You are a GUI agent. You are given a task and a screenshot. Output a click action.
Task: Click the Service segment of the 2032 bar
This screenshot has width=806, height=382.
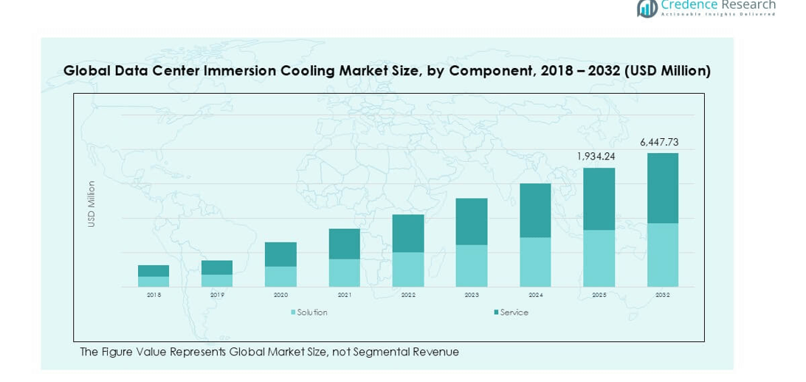point(663,188)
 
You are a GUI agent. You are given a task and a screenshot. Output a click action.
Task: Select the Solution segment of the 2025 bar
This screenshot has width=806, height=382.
point(599,258)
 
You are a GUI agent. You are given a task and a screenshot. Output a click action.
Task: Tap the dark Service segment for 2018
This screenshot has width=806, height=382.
point(154,270)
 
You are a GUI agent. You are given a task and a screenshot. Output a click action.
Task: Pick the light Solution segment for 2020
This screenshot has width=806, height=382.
point(280,276)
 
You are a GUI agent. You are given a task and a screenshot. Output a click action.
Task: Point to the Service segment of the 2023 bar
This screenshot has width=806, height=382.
point(472,221)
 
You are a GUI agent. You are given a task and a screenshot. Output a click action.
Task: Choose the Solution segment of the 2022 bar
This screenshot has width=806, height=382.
point(408,269)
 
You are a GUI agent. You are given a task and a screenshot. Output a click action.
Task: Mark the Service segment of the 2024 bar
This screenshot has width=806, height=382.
point(535,210)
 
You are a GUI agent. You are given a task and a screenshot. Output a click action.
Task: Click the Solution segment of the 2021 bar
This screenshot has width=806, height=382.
point(345,273)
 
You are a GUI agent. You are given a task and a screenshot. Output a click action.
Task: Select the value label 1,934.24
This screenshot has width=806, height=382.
point(596,157)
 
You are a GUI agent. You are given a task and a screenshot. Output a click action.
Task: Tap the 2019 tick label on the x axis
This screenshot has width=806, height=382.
point(217,295)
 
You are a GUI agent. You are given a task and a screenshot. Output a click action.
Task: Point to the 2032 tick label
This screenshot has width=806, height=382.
point(663,295)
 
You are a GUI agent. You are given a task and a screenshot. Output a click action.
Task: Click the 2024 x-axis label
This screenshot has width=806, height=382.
point(535,295)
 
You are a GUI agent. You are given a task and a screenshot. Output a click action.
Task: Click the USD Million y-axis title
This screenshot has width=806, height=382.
point(92,204)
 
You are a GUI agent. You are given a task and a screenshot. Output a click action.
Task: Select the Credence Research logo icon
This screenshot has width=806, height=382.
point(647,9)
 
